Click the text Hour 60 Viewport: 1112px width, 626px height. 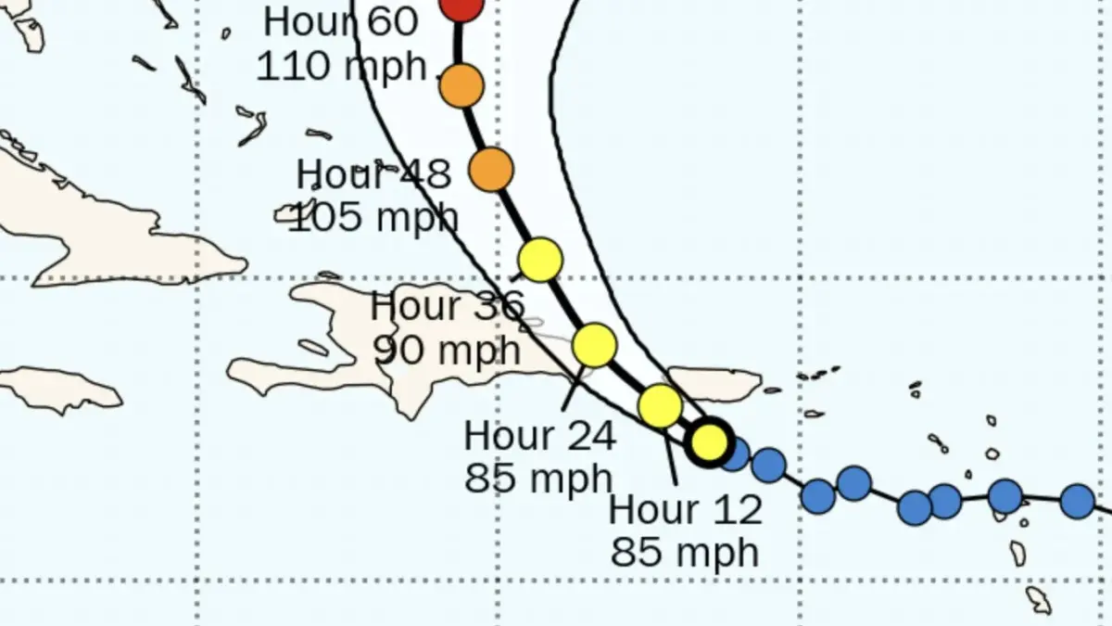click(x=340, y=22)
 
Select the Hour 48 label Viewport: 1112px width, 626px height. click(x=373, y=174)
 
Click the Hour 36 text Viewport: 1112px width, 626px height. click(x=447, y=306)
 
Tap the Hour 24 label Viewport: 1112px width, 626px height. click(x=539, y=436)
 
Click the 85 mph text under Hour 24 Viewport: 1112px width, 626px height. click(x=539, y=479)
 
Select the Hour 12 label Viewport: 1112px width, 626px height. click(x=686, y=509)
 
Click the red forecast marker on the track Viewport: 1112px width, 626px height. click(x=461, y=5)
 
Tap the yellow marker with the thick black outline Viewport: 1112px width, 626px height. click(x=710, y=441)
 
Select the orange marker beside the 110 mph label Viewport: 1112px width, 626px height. click(x=461, y=86)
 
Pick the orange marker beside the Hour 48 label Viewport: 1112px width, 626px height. click(x=491, y=170)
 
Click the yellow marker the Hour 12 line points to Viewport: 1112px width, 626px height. click(x=660, y=405)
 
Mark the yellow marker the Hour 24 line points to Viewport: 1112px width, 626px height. click(x=594, y=345)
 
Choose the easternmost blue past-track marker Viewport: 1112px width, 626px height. click(x=1077, y=501)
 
